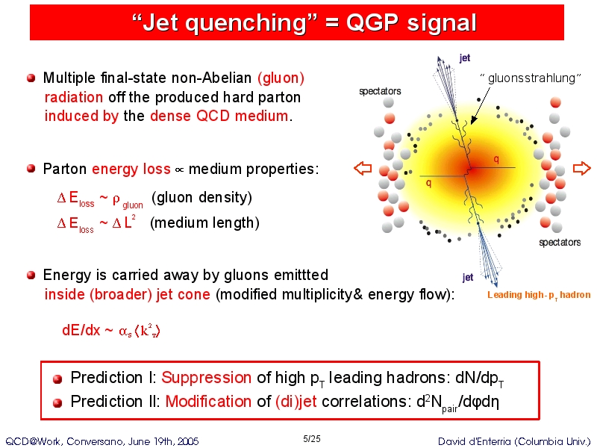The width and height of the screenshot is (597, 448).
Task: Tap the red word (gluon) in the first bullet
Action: (281, 78)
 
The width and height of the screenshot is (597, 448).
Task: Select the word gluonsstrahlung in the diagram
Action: (531, 78)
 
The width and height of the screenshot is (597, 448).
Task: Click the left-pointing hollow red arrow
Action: (363, 168)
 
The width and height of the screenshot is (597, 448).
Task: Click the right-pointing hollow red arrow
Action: (581, 168)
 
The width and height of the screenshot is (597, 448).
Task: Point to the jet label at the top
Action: (464, 58)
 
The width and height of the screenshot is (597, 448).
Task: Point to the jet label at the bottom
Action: (468, 277)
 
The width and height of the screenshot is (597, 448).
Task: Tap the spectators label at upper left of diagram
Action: (380, 91)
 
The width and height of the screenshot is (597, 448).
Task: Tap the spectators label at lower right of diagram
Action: (560, 242)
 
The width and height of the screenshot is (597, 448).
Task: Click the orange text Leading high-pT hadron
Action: (539, 295)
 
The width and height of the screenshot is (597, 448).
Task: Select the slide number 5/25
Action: (311, 439)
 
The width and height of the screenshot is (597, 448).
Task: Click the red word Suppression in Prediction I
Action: (207, 378)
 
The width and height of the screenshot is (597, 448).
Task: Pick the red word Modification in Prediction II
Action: (208, 402)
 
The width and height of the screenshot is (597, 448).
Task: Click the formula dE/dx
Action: (81, 330)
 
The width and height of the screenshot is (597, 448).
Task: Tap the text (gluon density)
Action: (201, 197)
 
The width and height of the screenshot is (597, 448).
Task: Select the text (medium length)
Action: (204, 223)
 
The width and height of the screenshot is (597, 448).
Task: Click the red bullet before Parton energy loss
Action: (31, 169)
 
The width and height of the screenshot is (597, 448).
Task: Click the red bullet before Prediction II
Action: (57, 402)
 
